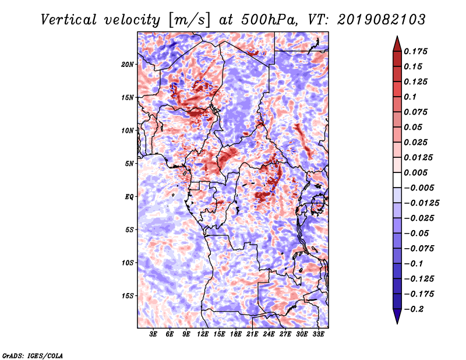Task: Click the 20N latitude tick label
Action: pos(128,65)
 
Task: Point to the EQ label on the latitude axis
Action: pos(129,197)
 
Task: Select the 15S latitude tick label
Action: pos(128,296)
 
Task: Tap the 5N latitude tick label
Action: pos(129,164)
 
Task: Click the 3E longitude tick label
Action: pos(153,334)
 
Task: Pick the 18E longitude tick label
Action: pos(236,334)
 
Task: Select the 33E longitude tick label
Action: pos(318,334)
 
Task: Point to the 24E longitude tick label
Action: pos(269,334)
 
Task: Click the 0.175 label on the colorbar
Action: pos(415,51)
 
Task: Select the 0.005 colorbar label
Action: pos(415,172)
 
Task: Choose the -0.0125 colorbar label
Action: pos(421,203)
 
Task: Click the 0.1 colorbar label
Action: pos(410,97)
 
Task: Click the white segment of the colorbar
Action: pos(397,180)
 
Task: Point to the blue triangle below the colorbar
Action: pos(397,316)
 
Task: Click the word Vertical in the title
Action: pos(69,20)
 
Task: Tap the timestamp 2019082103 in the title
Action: pos(382,20)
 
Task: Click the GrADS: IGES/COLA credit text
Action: pos(33,356)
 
